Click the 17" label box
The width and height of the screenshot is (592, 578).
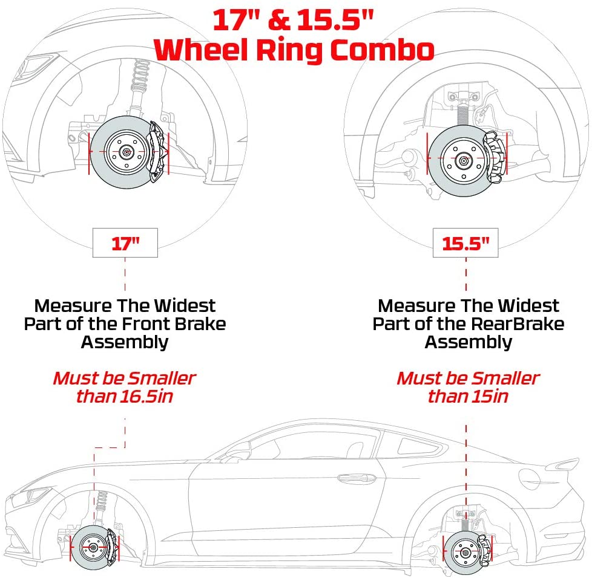(125, 243)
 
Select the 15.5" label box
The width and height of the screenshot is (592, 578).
(465, 243)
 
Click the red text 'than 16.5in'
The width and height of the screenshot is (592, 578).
(124, 397)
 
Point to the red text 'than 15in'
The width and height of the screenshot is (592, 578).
(467, 397)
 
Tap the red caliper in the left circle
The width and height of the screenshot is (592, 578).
(157, 149)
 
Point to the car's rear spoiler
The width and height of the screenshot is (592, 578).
(566, 464)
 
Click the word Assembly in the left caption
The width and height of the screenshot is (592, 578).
(124, 342)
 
